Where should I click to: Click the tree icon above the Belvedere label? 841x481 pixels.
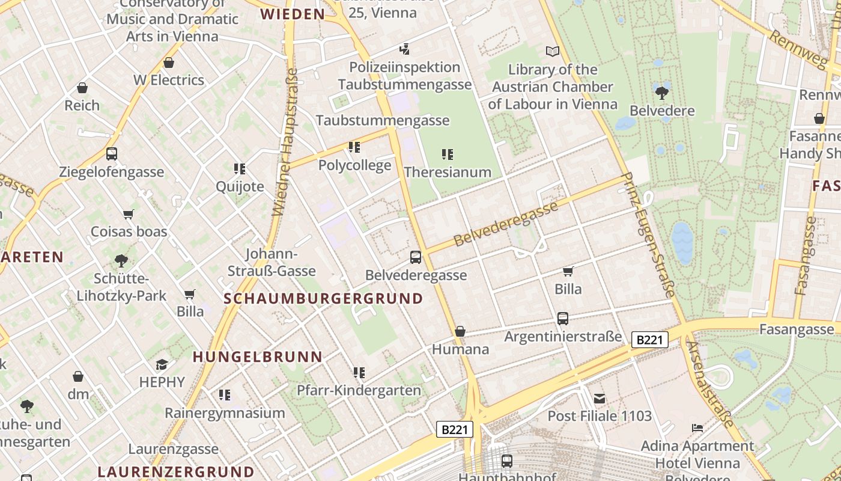[662, 93]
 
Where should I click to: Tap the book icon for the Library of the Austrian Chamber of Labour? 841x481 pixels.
[552, 52]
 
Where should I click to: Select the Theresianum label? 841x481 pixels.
[448, 172]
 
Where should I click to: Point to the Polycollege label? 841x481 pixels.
[354, 165]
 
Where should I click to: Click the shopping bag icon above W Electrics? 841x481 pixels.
[169, 63]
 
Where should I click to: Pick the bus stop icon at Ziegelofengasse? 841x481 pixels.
[112, 154]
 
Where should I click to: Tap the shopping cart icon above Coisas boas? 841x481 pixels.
[128, 214]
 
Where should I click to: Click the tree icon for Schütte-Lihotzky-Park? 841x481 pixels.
[121, 261]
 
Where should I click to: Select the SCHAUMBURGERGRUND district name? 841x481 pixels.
[323, 298]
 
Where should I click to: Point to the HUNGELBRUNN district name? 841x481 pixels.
[257, 357]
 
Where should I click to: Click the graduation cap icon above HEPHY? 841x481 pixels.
[162, 364]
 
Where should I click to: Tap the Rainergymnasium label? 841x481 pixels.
[225, 413]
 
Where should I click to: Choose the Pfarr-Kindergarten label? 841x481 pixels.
[359, 390]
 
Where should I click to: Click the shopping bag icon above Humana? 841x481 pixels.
[460, 331]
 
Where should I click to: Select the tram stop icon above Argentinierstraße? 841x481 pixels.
[563, 319]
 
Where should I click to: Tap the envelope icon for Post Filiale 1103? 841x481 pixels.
[599, 398]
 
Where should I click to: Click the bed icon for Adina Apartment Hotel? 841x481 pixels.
[697, 428]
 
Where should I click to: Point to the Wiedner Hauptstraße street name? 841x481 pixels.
[285, 142]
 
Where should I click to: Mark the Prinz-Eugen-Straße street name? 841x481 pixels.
[648, 234]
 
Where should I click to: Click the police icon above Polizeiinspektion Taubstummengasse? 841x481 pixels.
[405, 49]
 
